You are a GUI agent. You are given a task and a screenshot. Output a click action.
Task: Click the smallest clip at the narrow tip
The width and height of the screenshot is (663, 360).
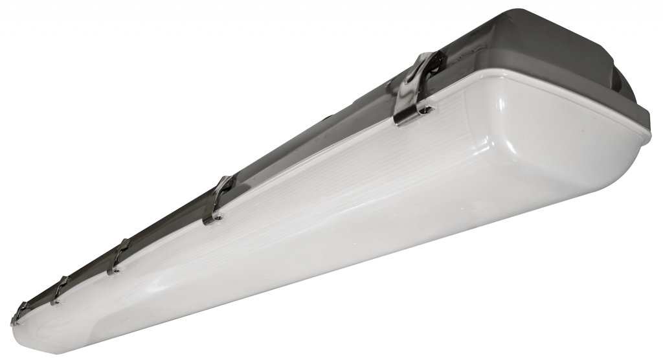coord(19,313)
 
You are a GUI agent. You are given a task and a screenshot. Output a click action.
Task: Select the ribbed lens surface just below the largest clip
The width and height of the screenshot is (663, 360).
coord(414,149)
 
